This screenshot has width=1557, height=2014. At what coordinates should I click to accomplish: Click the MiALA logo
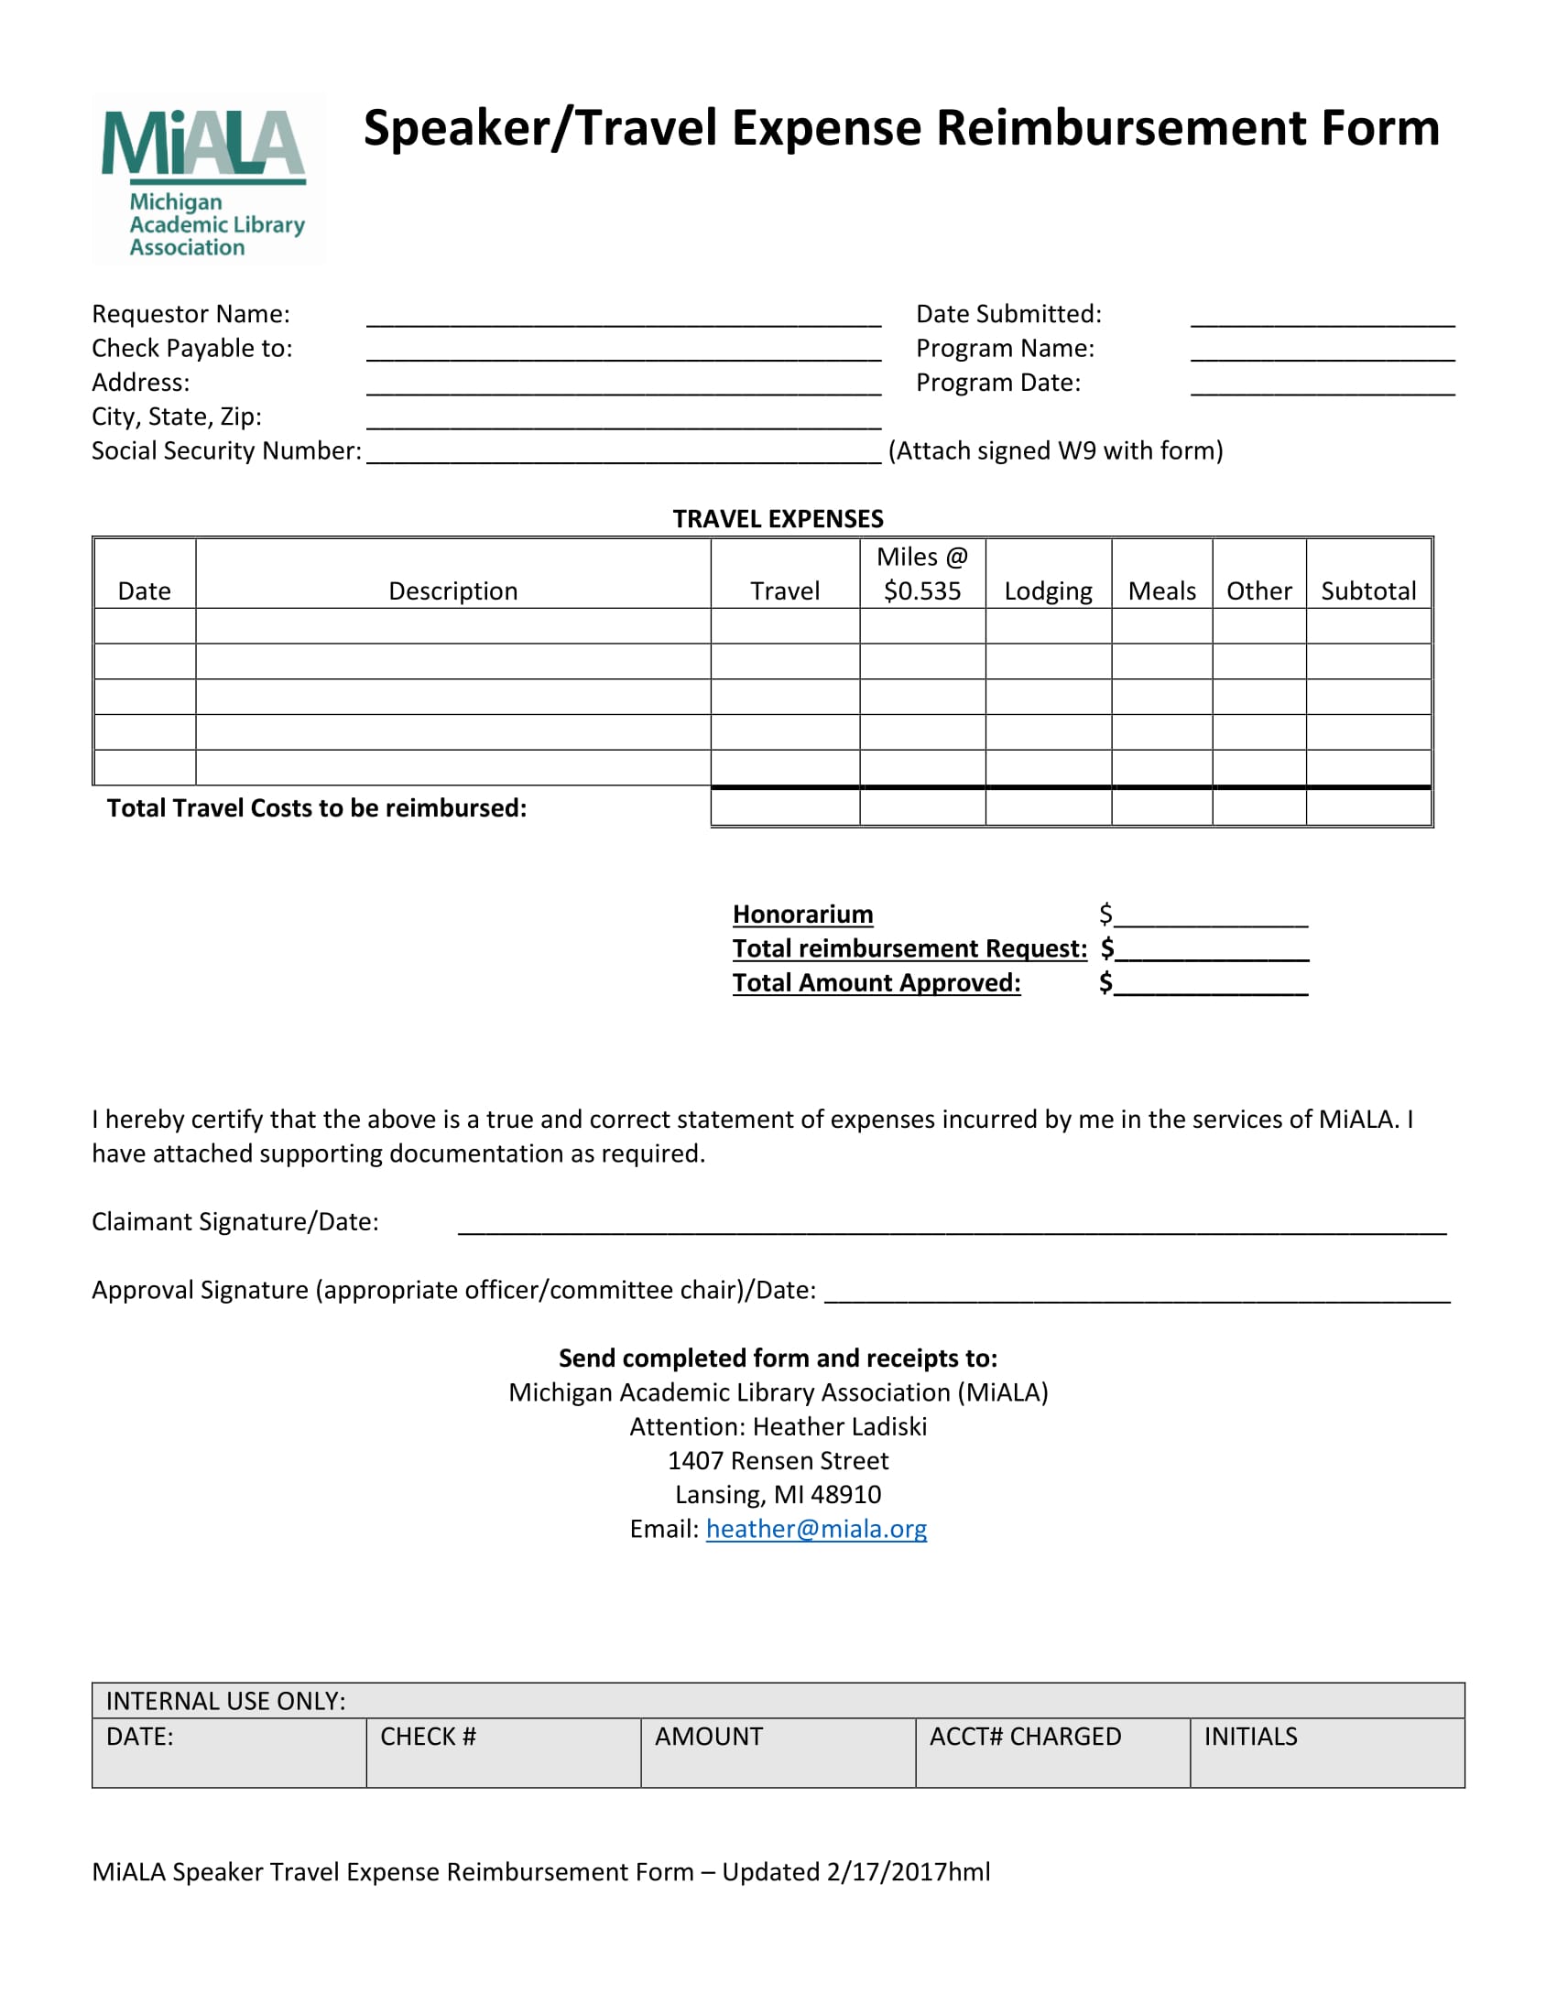point(208,179)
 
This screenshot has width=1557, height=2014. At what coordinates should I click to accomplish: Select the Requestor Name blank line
point(624,317)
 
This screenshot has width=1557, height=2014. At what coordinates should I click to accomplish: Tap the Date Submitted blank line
point(1322,317)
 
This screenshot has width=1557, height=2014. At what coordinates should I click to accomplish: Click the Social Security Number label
point(226,451)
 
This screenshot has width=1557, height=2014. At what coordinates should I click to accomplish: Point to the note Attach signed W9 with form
point(1055,451)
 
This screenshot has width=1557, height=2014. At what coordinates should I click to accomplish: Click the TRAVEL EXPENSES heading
point(778,519)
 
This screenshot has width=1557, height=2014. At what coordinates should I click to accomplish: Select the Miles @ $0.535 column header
point(921,574)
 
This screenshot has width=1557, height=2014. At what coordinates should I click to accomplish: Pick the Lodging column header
point(1048,591)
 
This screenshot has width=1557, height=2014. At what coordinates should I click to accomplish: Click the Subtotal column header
point(1368,591)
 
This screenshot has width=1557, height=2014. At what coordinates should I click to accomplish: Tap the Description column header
point(452,591)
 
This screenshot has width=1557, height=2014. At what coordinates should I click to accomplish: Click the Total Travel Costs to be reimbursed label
point(316,808)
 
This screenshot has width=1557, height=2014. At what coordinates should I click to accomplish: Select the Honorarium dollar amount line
point(1210,915)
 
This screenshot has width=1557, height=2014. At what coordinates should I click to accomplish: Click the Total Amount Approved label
point(876,983)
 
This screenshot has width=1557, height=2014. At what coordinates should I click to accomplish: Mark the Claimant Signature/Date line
point(952,1224)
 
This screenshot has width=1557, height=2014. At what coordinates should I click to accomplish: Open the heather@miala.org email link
point(816,1529)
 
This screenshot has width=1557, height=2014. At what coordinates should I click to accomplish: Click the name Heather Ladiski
point(839,1426)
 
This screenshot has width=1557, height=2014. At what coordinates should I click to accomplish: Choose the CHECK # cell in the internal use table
point(503,1752)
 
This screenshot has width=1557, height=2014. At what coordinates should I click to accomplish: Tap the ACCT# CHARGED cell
point(1051,1752)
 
